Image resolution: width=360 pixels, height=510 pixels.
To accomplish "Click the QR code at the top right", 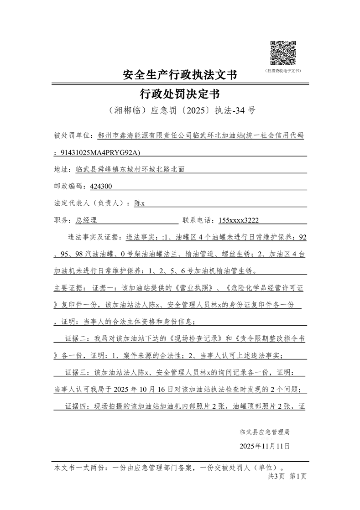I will click(283, 53).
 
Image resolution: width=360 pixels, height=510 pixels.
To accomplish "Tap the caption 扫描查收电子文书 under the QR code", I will click(283, 71).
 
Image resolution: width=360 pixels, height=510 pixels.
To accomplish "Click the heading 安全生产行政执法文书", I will click(180, 74).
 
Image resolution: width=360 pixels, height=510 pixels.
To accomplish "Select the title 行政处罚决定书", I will click(180, 94).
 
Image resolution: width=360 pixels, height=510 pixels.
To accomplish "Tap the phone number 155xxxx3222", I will click(239, 220).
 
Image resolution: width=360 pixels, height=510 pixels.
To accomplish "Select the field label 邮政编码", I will click(68, 186).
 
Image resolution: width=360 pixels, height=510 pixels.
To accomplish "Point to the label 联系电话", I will click(198, 220).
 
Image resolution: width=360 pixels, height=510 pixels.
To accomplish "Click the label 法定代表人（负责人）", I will click(92, 203).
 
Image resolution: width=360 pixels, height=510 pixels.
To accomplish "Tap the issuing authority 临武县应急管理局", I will click(265, 431).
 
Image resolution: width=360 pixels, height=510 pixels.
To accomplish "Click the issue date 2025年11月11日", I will click(265, 446).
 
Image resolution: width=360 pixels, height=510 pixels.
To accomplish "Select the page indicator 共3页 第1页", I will click(287, 476).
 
